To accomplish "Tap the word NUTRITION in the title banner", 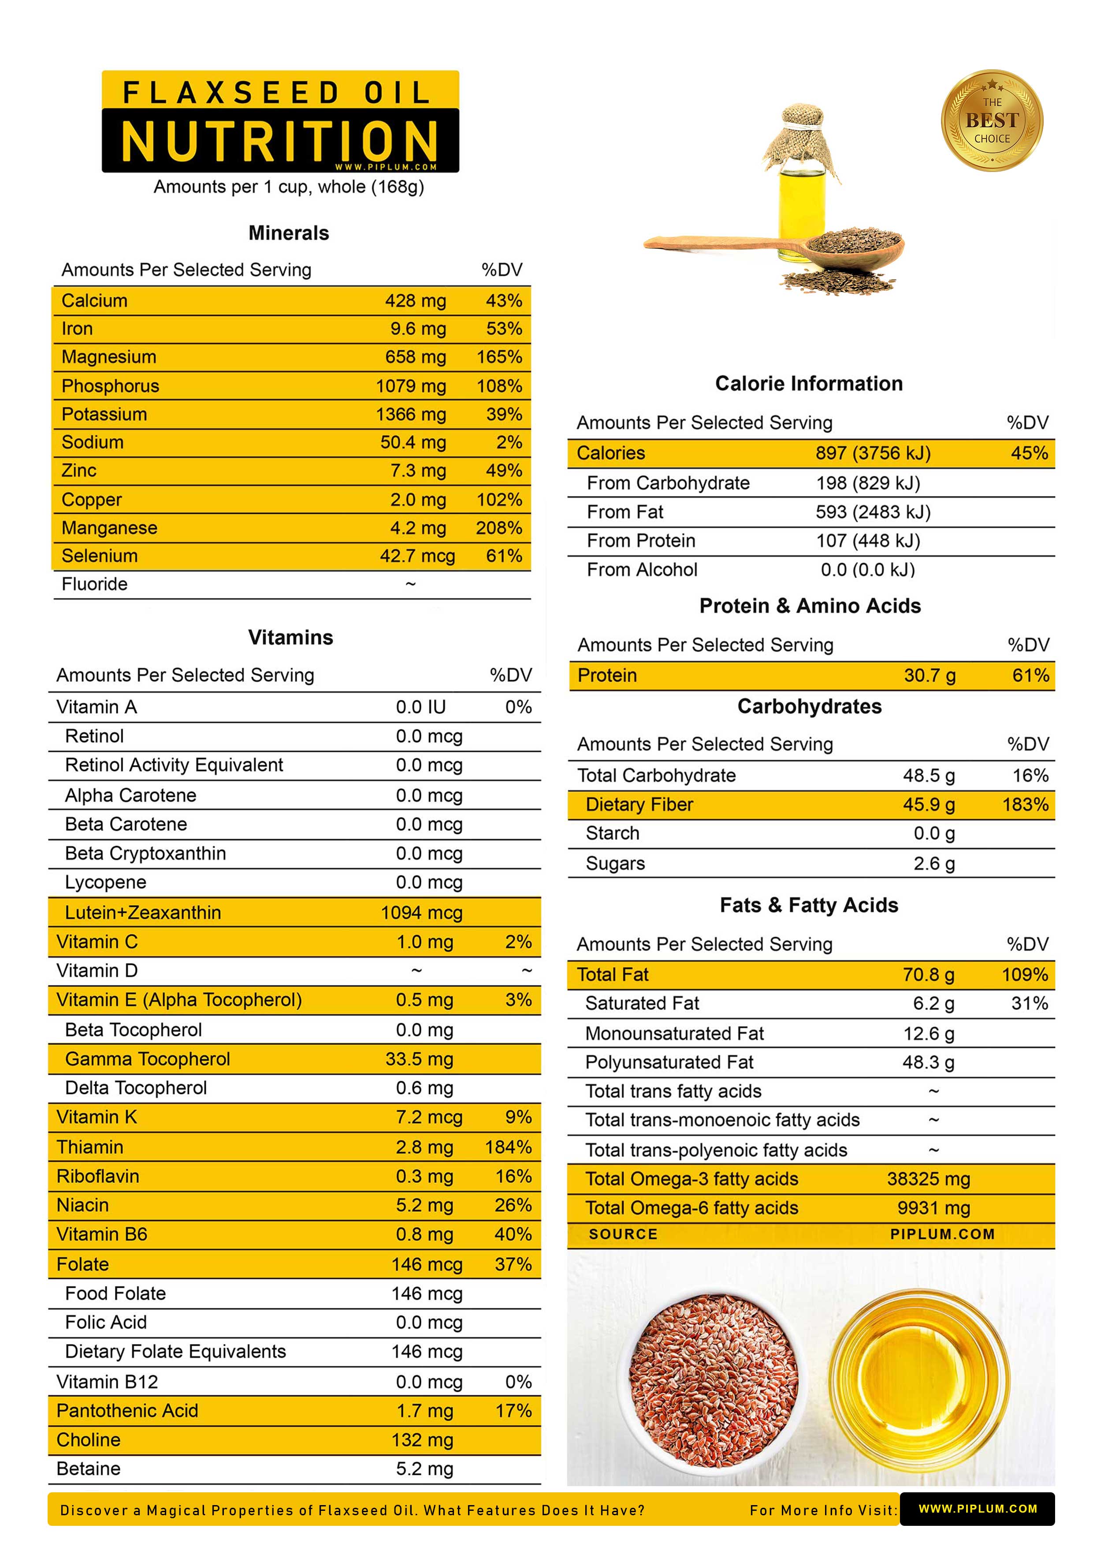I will (x=280, y=142).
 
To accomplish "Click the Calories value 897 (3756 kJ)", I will (x=873, y=453).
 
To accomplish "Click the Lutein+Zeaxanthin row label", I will (x=143, y=912).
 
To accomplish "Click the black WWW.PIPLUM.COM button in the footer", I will (x=977, y=1509).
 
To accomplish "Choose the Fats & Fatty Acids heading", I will (x=809, y=905).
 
